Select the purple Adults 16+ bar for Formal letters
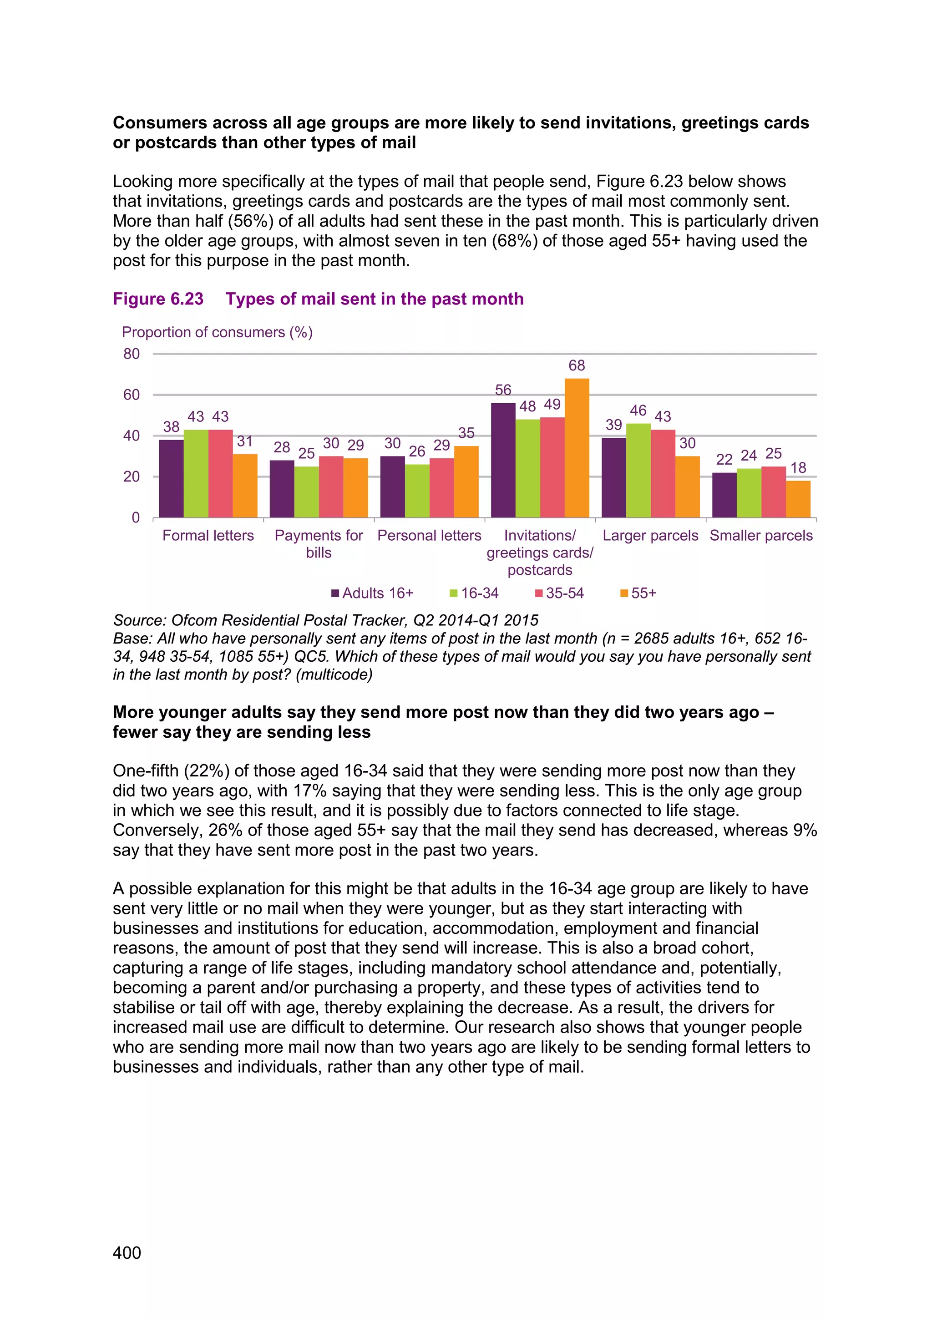pos(171,479)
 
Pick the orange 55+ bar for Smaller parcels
pos(798,499)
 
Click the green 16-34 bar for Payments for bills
pos(306,492)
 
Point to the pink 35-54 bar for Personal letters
pos(441,488)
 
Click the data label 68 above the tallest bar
pos(577,365)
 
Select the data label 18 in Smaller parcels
pos(798,468)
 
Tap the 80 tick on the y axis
pos(132,354)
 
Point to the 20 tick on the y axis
pos(132,477)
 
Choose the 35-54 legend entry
pos(560,593)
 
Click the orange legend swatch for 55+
pos(624,593)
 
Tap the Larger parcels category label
pos(650,536)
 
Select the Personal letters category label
pos(429,536)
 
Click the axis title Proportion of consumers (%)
pos(217,332)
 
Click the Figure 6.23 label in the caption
pos(158,299)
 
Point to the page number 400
pos(127,1252)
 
